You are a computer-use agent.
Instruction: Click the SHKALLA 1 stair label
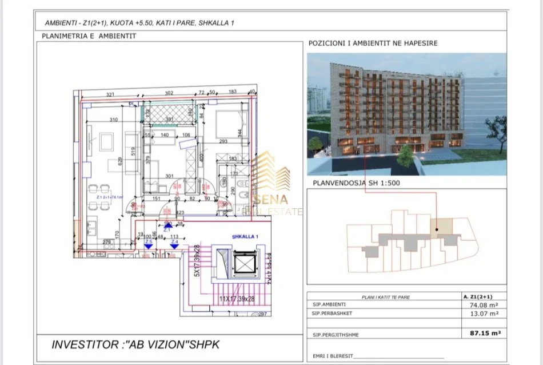pos(246,236)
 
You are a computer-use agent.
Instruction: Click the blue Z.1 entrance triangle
pos(168,227)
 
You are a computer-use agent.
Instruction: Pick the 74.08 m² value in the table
pos(481,306)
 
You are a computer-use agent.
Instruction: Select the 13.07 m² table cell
pos(481,314)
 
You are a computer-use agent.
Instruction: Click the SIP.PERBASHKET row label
pos(329,314)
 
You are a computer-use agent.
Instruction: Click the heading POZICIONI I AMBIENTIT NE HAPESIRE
pos(373,43)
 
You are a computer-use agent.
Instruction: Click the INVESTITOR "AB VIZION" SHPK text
pos(135,344)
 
